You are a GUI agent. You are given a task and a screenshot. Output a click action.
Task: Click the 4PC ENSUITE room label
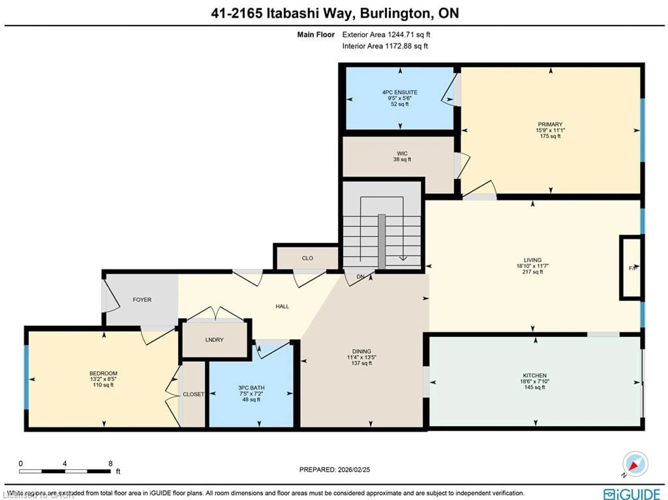tap(400, 92)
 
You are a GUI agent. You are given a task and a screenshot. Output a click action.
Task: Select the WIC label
tap(402, 153)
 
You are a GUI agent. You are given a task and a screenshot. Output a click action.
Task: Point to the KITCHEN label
tap(535, 375)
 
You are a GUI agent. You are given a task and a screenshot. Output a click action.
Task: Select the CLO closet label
tap(307, 258)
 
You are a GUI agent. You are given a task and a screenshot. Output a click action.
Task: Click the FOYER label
tap(142, 300)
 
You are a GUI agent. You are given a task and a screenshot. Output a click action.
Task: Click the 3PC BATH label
tap(251, 388)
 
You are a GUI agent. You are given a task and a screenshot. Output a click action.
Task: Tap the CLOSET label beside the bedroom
tap(193, 394)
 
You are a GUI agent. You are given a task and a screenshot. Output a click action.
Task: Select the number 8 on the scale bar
tap(110, 463)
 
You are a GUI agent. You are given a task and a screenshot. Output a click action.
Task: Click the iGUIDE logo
tap(632, 494)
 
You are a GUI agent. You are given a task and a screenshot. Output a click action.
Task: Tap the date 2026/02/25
tap(354, 470)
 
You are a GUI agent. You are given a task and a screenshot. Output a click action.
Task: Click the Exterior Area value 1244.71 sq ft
tap(409, 35)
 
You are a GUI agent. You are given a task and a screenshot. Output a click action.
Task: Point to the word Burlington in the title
tap(394, 13)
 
